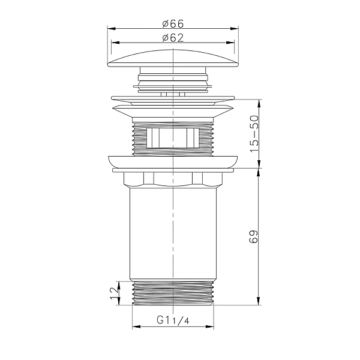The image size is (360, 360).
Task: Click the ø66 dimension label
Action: point(173,23)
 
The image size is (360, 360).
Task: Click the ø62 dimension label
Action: point(173,38)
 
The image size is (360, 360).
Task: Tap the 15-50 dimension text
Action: point(254,134)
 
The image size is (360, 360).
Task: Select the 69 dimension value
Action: point(253,236)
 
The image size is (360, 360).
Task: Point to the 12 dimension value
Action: point(115,293)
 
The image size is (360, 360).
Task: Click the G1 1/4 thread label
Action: point(173,320)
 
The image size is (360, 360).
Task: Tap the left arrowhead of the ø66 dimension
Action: point(112,29)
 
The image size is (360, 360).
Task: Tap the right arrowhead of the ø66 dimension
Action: point(235,29)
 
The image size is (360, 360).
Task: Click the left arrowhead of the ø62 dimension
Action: point(115,43)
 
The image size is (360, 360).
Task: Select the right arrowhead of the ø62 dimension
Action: point(230,43)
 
